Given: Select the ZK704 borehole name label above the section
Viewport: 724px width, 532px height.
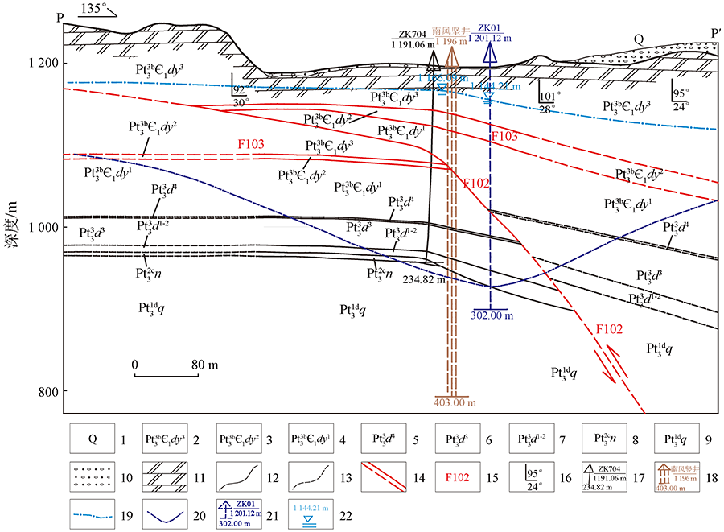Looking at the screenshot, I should point(412,34).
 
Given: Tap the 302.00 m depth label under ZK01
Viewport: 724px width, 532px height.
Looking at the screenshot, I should point(490,316).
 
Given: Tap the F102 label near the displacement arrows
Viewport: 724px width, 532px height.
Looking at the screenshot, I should point(609,328).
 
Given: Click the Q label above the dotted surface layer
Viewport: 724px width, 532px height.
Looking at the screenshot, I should point(639,39).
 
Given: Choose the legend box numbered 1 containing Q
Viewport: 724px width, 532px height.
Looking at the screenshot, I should point(93,440).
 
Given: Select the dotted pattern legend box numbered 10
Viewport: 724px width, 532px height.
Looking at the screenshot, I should point(93,477).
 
